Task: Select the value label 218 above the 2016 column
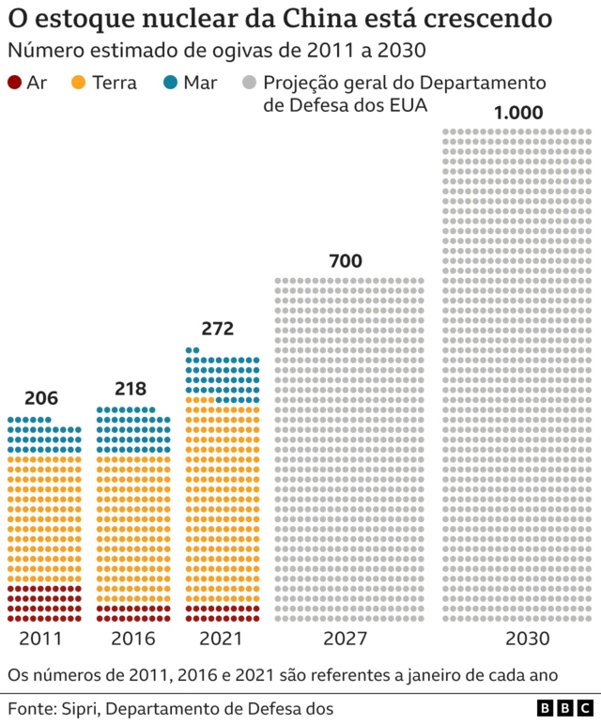(132, 389)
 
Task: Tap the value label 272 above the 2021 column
(218, 329)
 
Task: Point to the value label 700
(345, 261)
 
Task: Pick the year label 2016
(132, 639)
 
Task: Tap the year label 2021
(222, 639)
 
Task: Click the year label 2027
(347, 639)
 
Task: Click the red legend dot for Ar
(14, 83)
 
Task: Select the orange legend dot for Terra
(79, 83)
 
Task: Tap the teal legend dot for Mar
(171, 83)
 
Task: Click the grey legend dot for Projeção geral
(251, 83)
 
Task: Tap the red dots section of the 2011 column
(44, 604)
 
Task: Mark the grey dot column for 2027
(348, 450)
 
